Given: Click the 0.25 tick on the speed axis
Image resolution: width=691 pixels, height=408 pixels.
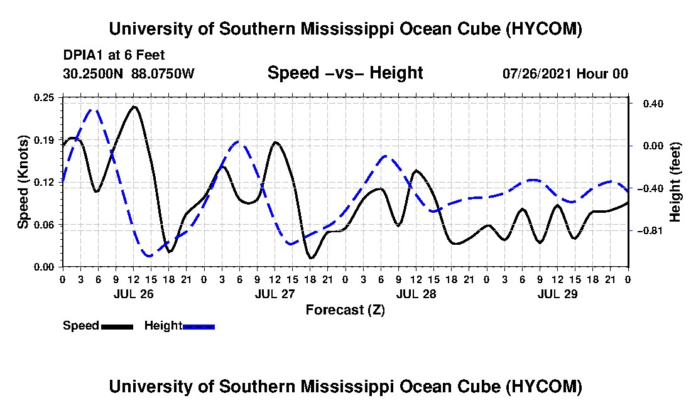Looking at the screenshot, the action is tap(44, 97).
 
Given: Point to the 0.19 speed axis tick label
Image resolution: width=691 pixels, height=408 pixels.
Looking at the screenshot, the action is tap(44, 140).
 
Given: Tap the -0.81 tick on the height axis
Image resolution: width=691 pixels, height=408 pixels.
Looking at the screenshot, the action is tap(653, 230).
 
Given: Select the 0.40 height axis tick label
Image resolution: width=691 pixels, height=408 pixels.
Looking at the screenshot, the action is tap(653, 104).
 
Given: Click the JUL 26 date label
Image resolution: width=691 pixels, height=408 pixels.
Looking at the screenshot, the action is tap(134, 294).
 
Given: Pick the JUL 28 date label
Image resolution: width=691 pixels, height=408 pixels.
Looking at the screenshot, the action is tap(416, 294).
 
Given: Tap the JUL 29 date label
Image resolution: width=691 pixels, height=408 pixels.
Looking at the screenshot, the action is tap(557, 294).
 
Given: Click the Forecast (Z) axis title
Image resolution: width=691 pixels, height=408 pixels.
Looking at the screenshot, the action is tap(345, 310).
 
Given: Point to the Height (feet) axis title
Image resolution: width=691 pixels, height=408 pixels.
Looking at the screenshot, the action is tap(675, 182).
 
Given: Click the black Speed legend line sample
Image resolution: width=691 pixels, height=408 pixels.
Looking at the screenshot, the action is tap(117, 326).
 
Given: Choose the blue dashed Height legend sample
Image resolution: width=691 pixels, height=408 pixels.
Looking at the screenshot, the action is tap(199, 326).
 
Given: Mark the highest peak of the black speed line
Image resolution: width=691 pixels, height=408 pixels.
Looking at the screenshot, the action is tap(134, 107).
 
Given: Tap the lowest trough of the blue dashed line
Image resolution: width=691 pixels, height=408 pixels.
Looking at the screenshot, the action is tap(150, 255).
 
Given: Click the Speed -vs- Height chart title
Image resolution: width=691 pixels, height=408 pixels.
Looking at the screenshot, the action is tap(345, 73).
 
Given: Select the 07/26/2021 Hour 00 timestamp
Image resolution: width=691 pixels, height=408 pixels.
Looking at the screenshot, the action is tap(565, 73).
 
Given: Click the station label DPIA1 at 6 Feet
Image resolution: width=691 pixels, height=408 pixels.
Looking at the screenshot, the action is tap(114, 55).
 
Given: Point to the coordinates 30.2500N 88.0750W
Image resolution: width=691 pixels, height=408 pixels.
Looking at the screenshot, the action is tap(129, 73).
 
